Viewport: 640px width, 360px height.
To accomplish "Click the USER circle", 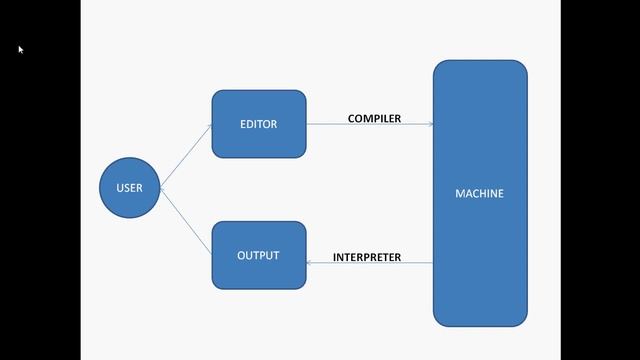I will point(130,188).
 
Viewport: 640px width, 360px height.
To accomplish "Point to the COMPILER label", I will point(374,119).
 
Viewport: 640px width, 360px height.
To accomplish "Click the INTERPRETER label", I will point(367,258).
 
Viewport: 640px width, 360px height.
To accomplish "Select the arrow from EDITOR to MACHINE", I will point(370,125).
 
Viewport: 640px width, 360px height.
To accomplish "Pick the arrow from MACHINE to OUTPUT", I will point(370,264).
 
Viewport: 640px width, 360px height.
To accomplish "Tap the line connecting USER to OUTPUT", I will point(186,220).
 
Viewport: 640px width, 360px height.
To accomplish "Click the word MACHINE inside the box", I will point(480,194).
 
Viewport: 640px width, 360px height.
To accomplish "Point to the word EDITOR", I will point(258,125).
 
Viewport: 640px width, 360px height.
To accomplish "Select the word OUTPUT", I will point(258,256).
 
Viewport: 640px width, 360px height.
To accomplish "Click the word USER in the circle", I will point(130,188).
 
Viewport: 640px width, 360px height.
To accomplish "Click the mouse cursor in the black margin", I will point(20,48).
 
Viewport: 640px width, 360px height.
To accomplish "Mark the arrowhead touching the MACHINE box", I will point(430,125).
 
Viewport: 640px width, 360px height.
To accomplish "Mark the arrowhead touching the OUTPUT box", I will point(310,264).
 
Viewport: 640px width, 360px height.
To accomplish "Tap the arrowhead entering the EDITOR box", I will point(209,127).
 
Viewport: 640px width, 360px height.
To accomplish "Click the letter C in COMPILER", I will point(352,119).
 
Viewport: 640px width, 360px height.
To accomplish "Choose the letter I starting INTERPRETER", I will point(335,258).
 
